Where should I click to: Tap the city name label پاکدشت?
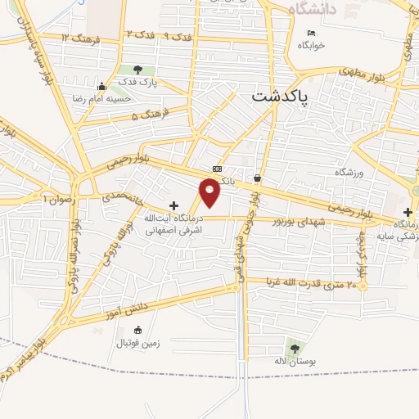[278, 97]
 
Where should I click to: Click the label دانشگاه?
[308, 9]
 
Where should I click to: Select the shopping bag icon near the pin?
[258, 178]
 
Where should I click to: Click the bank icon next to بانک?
[216, 169]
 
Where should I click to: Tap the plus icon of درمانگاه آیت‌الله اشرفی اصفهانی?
[173, 205]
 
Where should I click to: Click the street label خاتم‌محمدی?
[124, 199]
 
